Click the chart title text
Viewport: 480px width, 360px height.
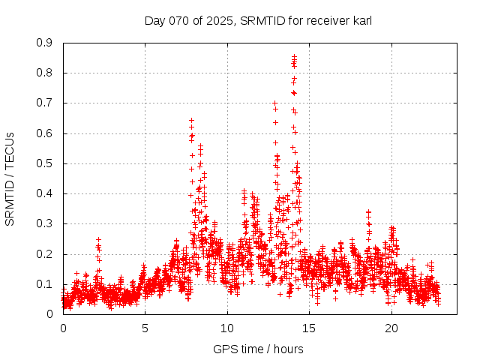258,20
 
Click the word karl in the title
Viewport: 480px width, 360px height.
361,20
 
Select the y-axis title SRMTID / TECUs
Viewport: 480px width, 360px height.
10,178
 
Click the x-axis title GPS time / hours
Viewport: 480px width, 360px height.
258,349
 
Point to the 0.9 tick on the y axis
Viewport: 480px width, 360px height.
45,43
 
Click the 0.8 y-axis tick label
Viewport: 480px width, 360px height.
45,73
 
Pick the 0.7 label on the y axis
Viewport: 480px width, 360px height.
45,103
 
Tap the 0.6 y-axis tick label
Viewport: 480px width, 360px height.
45,133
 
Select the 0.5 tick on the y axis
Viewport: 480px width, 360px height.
45,163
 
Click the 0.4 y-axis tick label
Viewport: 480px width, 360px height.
45,193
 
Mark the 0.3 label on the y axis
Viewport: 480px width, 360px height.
45,223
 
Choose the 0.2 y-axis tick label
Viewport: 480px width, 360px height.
45,253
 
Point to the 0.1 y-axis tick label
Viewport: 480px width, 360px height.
45,284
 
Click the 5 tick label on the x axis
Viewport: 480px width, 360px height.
145,328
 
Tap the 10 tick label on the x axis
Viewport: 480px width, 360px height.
228,328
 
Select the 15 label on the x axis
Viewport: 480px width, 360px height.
310,328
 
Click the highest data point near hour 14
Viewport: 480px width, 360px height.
294,56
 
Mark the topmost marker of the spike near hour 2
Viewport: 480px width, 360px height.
98,239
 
